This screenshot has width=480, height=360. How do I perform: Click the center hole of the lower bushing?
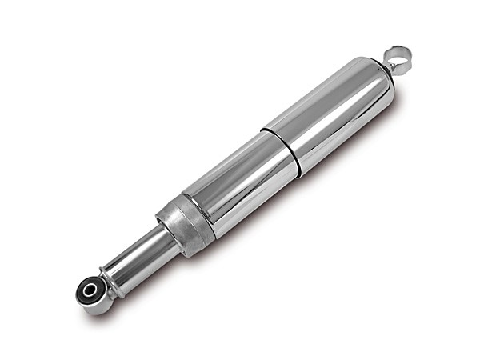[x=89, y=289]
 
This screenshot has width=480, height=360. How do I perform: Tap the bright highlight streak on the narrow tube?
[x=132, y=254]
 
